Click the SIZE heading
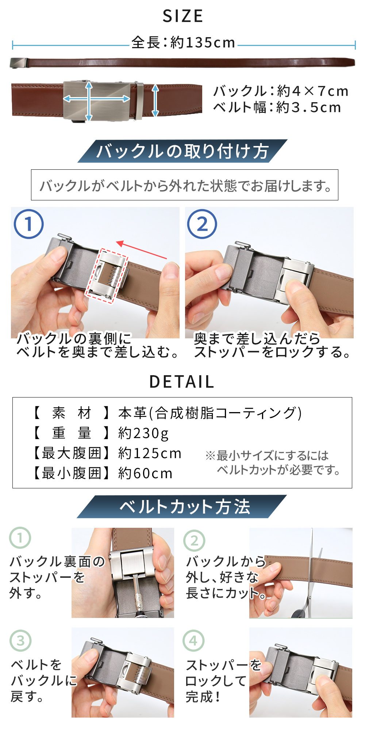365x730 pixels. click(x=182, y=16)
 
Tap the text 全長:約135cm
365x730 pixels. click(x=183, y=43)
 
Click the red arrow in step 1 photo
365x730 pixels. click(x=142, y=250)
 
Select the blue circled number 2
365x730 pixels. click(x=202, y=224)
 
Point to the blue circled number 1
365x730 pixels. click(x=28, y=224)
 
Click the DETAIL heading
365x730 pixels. click(x=182, y=382)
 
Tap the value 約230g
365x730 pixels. click(x=143, y=433)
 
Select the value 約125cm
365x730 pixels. click(x=150, y=453)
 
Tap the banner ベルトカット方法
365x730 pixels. click(x=182, y=507)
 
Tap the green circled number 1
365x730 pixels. click(x=20, y=538)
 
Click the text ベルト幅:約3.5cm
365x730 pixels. click(x=277, y=108)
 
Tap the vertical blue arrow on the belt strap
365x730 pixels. click(x=155, y=100)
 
